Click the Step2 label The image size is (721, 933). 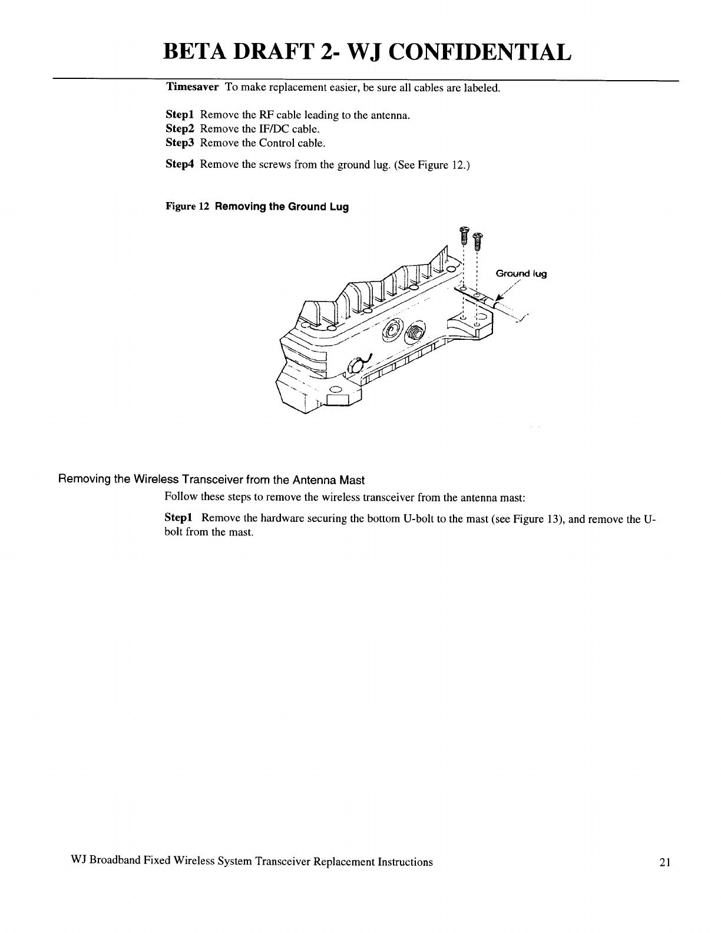point(181,128)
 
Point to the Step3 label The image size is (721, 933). point(181,143)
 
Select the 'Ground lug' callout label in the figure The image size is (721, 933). point(521,273)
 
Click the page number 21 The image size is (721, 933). point(666,862)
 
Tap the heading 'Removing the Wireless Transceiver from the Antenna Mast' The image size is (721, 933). point(211,480)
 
